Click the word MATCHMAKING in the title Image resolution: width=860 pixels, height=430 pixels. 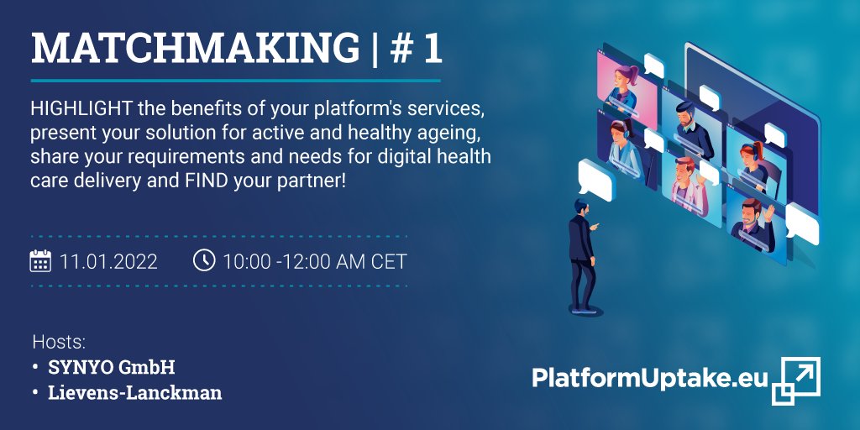click(x=196, y=50)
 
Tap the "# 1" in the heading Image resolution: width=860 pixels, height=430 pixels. click(x=417, y=50)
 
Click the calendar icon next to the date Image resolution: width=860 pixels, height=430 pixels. click(x=40, y=261)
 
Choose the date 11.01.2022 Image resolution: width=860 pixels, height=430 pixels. click(x=108, y=261)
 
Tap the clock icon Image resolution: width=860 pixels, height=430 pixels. click(x=203, y=260)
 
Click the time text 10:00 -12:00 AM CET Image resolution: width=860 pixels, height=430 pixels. click(x=314, y=261)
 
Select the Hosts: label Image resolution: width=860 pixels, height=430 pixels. click(x=59, y=342)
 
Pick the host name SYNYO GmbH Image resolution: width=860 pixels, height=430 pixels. click(x=112, y=367)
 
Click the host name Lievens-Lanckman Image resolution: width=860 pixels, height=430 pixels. click(x=135, y=392)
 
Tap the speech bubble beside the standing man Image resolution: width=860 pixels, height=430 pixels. click(x=595, y=178)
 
